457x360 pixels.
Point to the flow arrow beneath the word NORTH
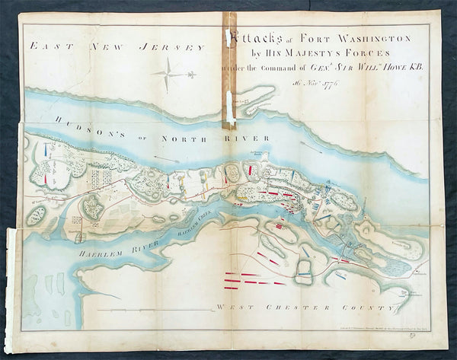point(168,159)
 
